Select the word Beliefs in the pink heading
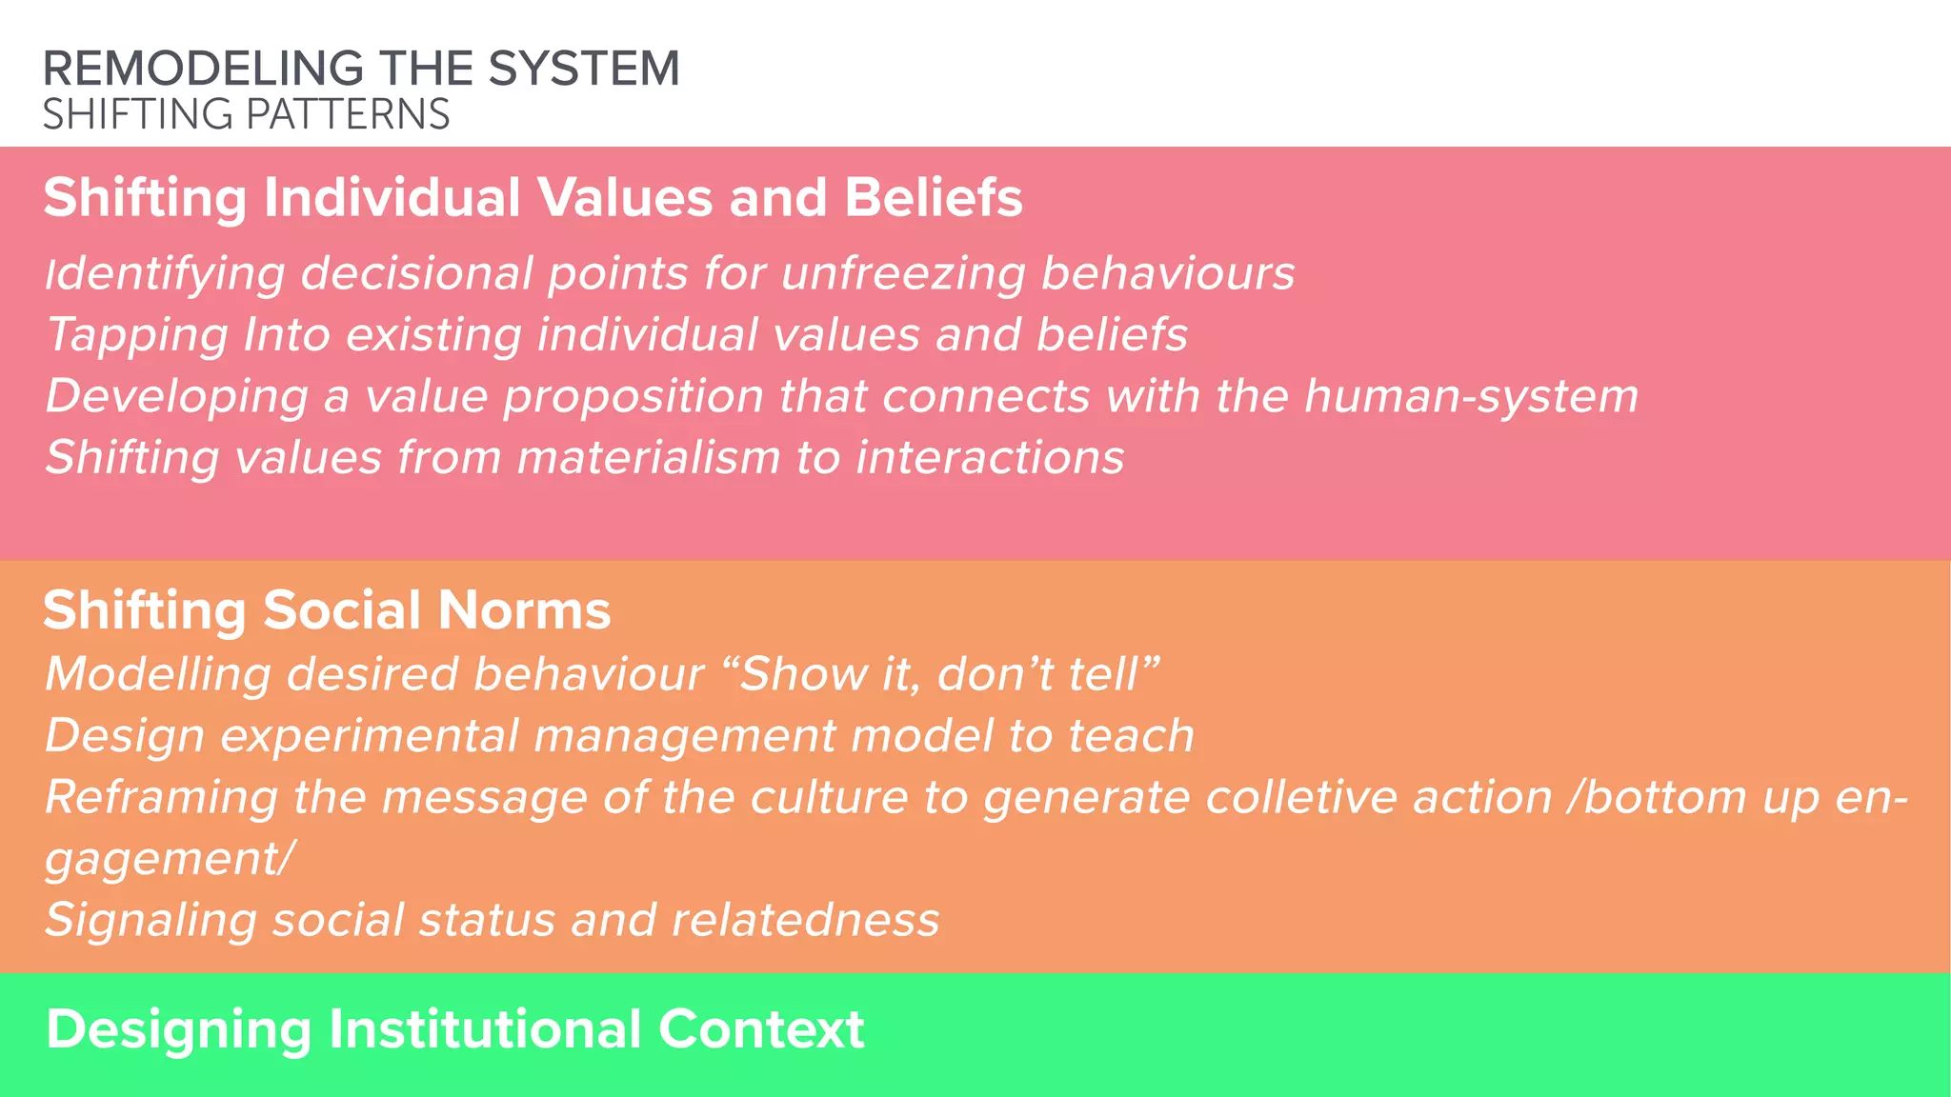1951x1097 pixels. [x=933, y=198]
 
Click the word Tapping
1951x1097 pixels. [x=137, y=336]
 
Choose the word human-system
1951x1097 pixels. [x=1471, y=397]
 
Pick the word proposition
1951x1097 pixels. [x=633, y=397]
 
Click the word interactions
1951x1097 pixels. [x=990, y=458]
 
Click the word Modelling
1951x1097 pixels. [x=158, y=674]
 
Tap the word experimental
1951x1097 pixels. [x=369, y=736]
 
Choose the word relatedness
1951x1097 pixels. [x=805, y=920]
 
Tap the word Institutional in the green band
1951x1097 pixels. [x=485, y=1029]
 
